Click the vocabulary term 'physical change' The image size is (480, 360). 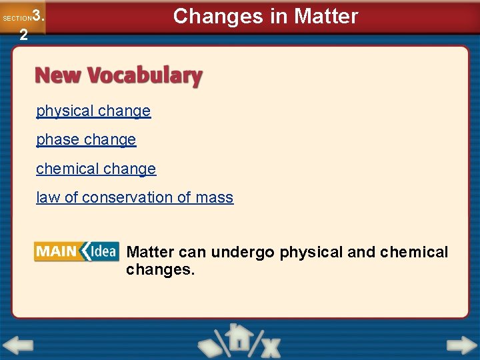[x=93, y=111]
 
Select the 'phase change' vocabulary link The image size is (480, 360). [x=86, y=140]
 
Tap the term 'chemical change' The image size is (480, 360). [x=96, y=169]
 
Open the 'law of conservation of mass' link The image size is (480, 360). [x=135, y=198]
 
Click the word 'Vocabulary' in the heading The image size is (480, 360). [x=142, y=76]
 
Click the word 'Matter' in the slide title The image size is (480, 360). [x=327, y=17]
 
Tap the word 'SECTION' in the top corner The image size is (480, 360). [x=17, y=19]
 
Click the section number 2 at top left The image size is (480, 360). [x=23, y=35]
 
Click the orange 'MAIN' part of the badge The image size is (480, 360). [x=56, y=251]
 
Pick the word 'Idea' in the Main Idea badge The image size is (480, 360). [x=101, y=251]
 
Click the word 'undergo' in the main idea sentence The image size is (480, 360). [x=243, y=253]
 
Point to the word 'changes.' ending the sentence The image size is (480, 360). [x=160, y=271]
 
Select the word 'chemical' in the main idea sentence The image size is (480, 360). [x=413, y=253]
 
